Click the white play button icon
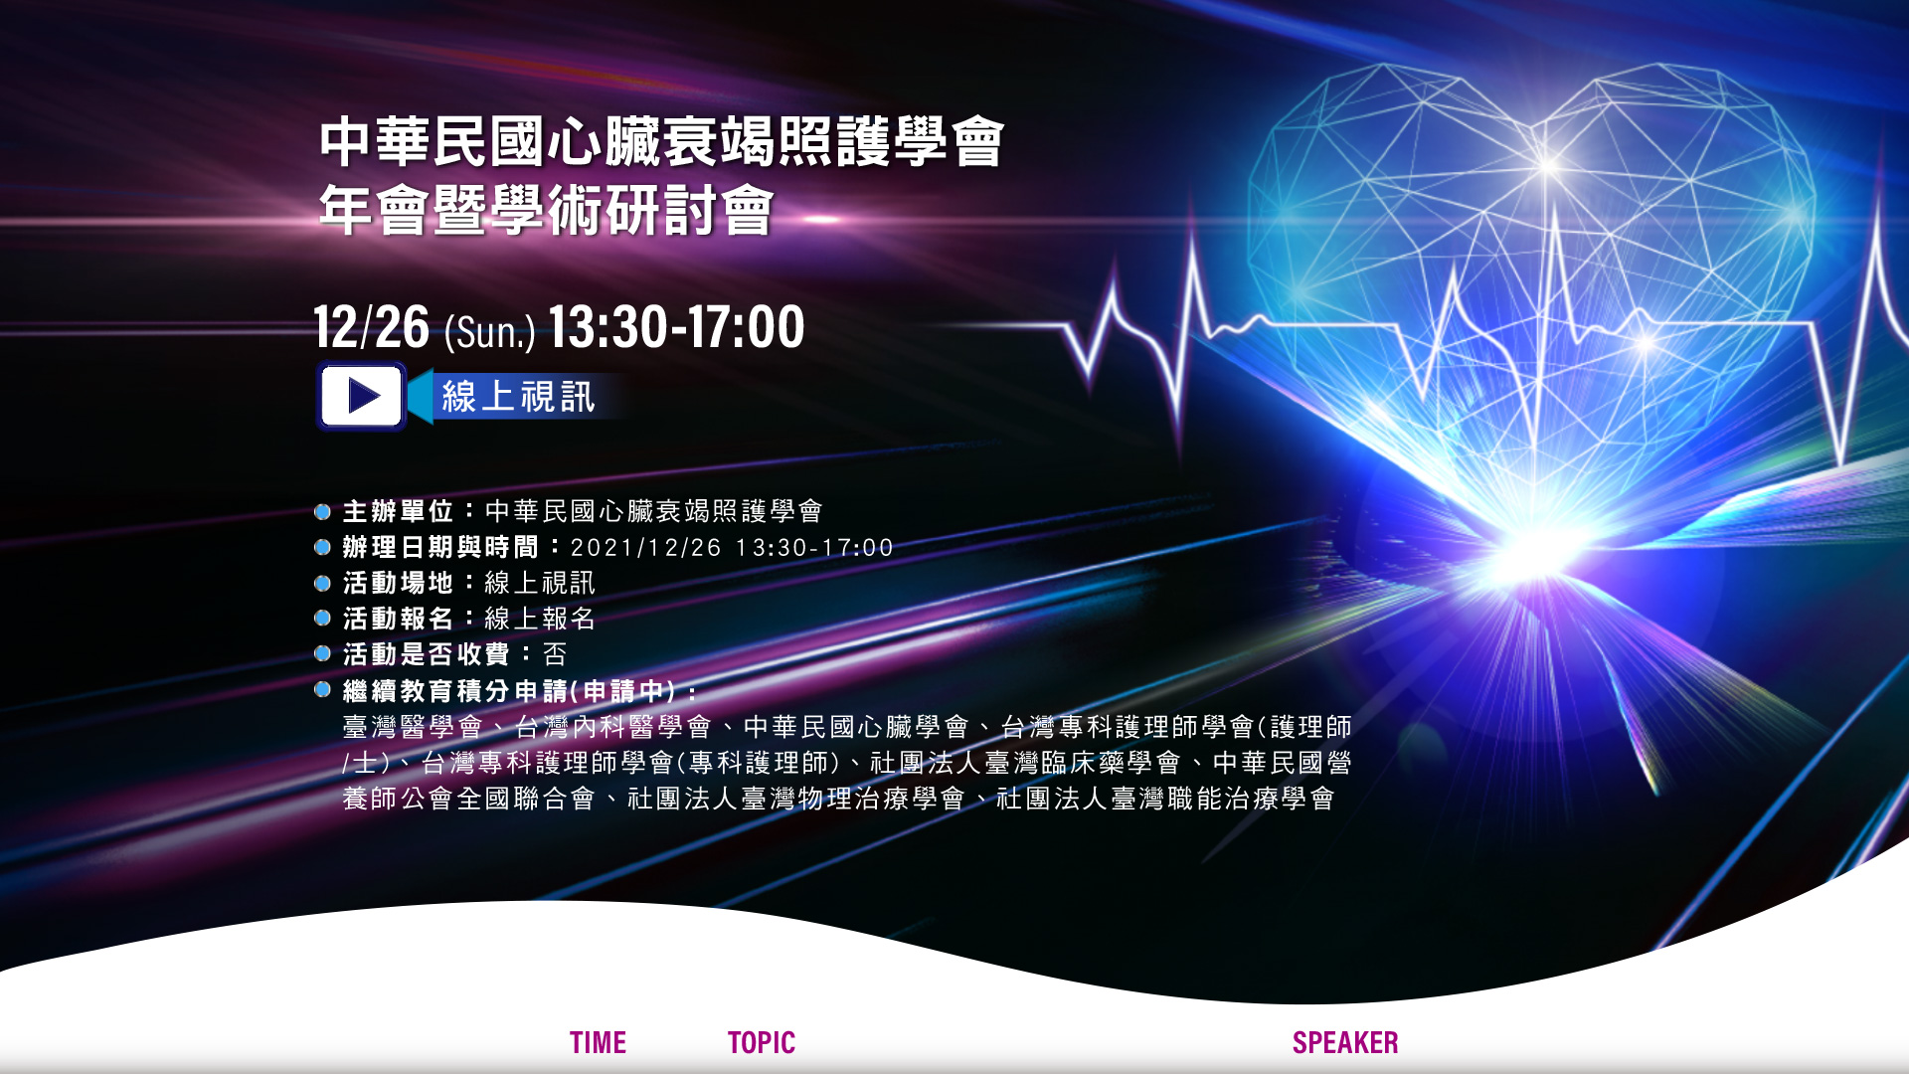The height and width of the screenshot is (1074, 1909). (362, 396)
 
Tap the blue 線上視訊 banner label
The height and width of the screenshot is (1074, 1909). (518, 397)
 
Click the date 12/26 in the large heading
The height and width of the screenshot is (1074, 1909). (372, 327)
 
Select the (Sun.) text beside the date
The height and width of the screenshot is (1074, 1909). (490, 331)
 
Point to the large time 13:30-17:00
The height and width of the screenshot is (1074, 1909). (676, 327)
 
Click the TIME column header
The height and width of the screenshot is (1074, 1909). (598, 1042)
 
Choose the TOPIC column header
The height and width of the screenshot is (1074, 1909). (762, 1042)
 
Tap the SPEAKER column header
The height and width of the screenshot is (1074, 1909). (1345, 1042)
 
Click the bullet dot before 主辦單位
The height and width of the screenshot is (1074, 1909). (322, 512)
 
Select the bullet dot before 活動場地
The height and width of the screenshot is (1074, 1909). (322, 583)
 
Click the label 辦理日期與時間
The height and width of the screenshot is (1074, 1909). (440, 547)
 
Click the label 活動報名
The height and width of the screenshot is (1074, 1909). (398, 619)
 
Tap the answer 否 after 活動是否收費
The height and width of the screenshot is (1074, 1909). (555, 654)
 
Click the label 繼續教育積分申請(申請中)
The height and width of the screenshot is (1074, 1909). (509, 691)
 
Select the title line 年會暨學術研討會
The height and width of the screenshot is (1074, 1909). (546, 210)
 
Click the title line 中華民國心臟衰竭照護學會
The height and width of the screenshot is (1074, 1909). (661, 141)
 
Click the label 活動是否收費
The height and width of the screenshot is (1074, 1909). (427, 654)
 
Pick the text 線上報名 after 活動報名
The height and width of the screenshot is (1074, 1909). (540, 619)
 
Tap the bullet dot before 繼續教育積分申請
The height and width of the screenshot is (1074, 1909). (322, 689)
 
